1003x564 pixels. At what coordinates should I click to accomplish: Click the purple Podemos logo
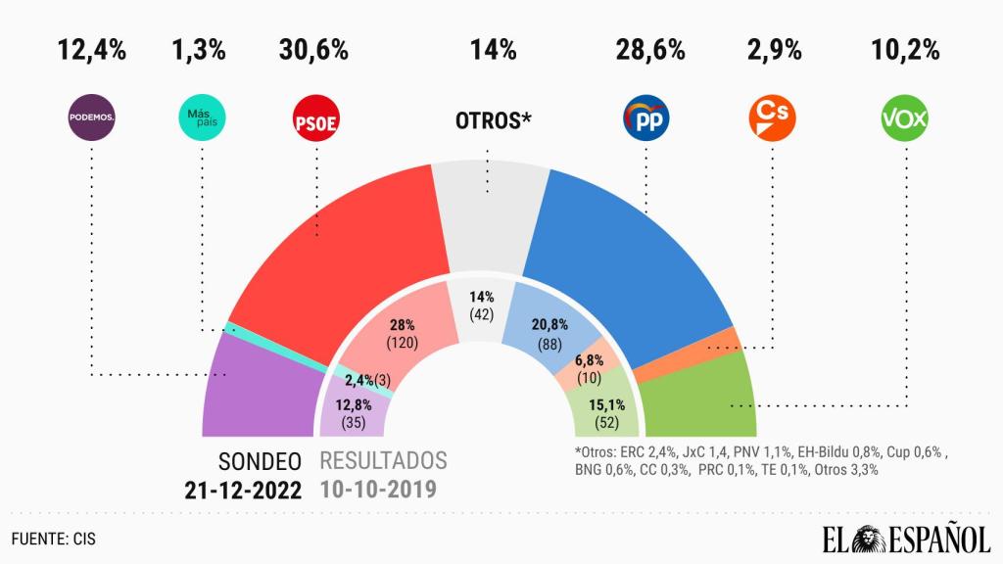click(x=91, y=119)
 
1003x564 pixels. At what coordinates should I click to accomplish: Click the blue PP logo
click(x=647, y=119)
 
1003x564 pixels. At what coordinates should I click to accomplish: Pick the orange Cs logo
click(x=772, y=119)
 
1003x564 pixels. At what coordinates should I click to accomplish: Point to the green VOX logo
click(x=905, y=119)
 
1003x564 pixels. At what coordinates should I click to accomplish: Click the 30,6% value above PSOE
click(x=317, y=50)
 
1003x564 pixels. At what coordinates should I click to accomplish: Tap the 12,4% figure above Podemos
click(x=91, y=50)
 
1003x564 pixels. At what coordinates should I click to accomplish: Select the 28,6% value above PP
click(x=649, y=50)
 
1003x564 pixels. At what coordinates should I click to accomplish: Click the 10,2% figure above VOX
click(x=905, y=50)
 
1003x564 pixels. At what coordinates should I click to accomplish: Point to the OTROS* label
click(x=494, y=120)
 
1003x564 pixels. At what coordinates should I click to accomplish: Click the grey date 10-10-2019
click(x=383, y=487)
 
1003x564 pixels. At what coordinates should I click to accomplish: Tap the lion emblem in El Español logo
click(x=869, y=538)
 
